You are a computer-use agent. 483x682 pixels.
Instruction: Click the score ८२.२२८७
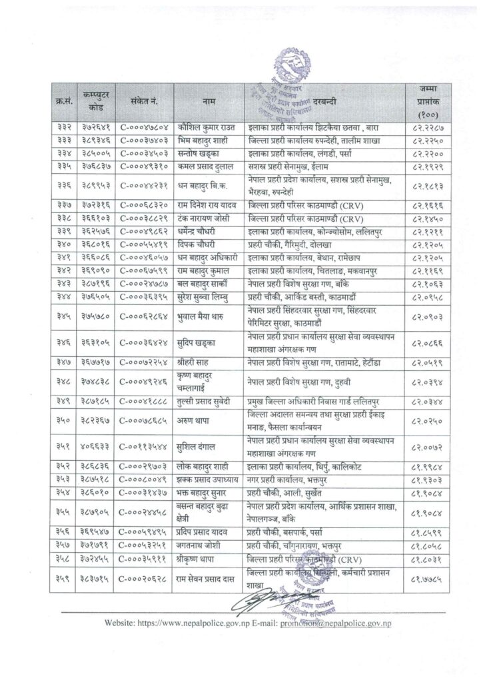[x=428, y=126]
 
